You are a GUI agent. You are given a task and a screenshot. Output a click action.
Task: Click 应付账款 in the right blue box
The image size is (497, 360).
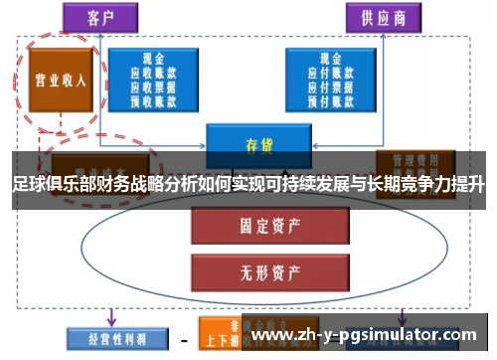pyautogui.click(x=325, y=73)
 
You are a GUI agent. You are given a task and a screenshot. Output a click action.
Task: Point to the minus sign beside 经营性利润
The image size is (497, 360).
pyautogui.click(x=184, y=338)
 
